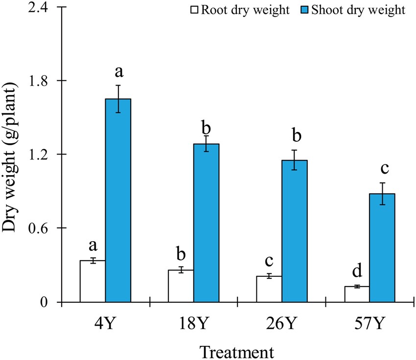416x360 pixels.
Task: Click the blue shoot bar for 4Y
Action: pyautogui.click(x=118, y=201)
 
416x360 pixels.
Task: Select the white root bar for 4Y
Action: pyautogui.click(x=92, y=281)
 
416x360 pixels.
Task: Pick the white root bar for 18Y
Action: pyautogui.click(x=181, y=286)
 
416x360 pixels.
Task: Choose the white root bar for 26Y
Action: pyautogui.click(x=269, y=289)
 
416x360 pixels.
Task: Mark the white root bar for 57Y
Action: pyautogui.click(x=357, y=294)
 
